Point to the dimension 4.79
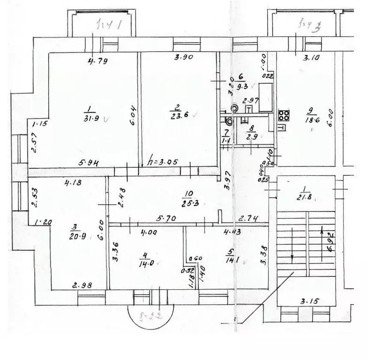97,60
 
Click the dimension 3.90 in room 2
183,58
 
